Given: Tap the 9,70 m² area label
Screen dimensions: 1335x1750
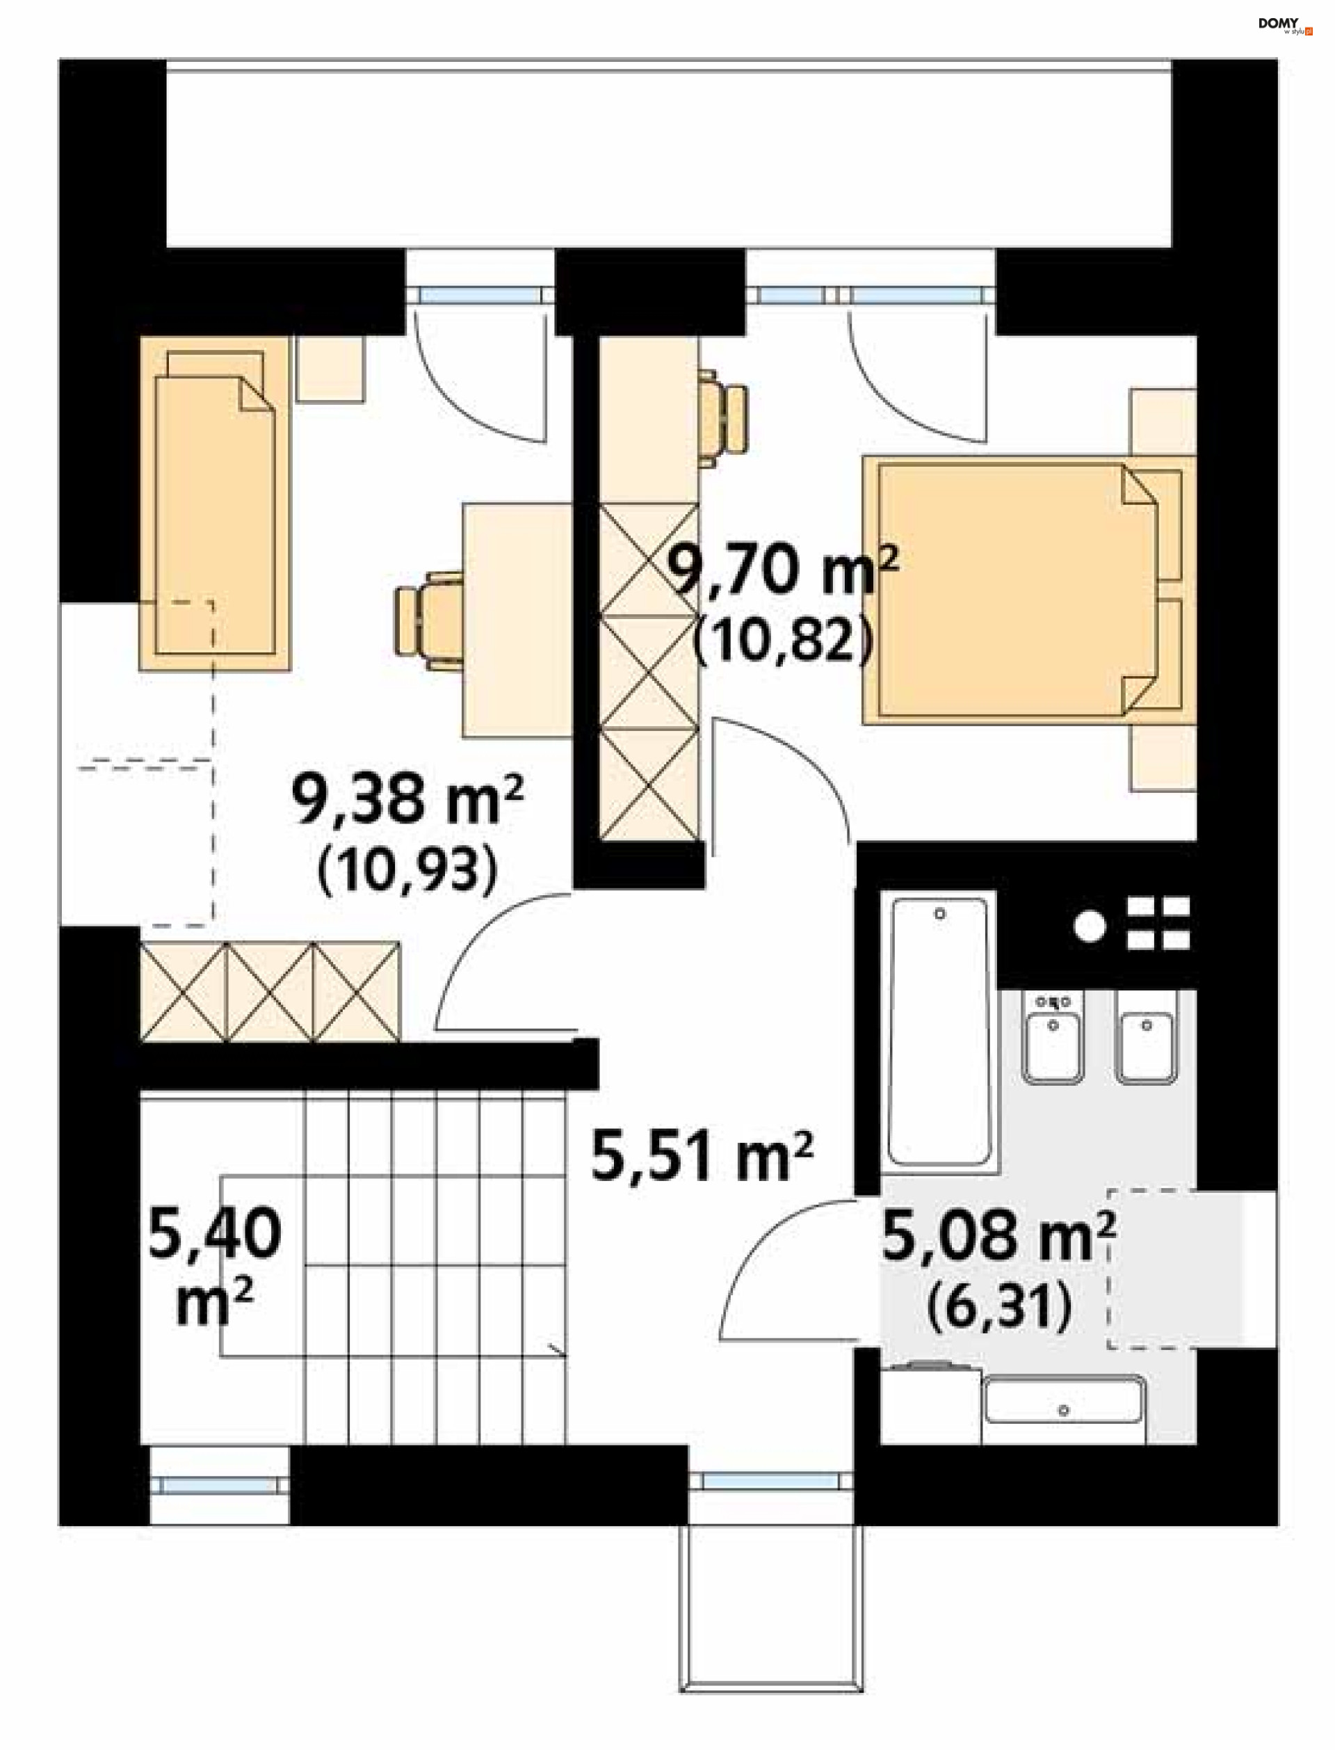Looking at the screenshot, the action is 782,570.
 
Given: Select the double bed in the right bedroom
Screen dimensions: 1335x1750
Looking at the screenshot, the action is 1029,590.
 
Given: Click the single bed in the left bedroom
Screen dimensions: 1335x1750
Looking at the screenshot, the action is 215,503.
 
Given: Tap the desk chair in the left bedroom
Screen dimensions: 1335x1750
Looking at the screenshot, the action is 429,620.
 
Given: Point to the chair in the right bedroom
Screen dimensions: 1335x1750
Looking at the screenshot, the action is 723,417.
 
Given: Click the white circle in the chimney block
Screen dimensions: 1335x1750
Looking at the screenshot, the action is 1090,926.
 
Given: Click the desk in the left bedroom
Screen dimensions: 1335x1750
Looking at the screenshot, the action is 518,620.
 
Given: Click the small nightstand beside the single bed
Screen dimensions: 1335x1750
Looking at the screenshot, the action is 330,369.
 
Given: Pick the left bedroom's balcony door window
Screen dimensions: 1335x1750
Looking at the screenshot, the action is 480,296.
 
